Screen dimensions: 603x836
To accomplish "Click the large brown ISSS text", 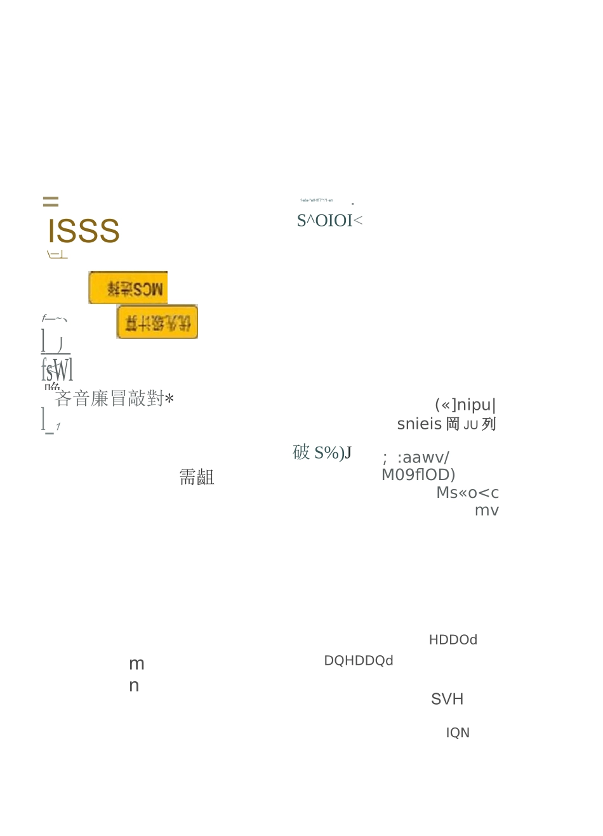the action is pyautogui.click(x=84, y=231).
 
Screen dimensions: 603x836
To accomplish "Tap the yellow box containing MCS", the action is pyautogui.click(x=128, y=288).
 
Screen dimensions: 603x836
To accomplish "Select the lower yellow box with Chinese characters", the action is pyautogui.click(x=157, y=322).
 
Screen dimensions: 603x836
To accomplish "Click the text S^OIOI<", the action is pyautogui.click(x=329, y=221).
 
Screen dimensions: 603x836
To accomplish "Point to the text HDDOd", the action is pyautogui.click(x=453, y=640).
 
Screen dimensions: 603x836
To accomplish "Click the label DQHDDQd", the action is pyautogui.click(x=359, y=661).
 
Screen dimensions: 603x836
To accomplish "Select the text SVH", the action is pyautogui.click(x=447, y=699).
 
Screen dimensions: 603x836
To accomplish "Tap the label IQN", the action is pyautogui.click(x=458, y=733).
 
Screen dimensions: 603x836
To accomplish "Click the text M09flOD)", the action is pyautogui.click(x=418, y=475).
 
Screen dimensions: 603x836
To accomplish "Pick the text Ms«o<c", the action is pyautogui.click(x=467, y=493).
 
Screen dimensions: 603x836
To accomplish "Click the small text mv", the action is pyautogui.click(x=487, y=511).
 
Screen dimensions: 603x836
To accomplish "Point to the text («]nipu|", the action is pyautogui.click(x=465, y=405).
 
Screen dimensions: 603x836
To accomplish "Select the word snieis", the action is pyautogui.click(x=419, y=424).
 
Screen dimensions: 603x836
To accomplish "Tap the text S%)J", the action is pyautogui.click(x=333, y=453).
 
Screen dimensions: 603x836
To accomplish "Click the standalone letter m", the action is pyautogui.click(x=136, y=664).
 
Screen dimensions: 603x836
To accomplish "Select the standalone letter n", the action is pyautogui.click(x=134, y=686).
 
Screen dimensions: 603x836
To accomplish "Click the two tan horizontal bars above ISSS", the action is pyautogui.click(x=51, y=202).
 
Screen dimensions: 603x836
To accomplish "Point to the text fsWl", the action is pyautogui.click(x=57, y=369).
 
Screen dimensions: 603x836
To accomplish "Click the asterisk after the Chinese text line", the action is pyautogui.click(x=169, y=399).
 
